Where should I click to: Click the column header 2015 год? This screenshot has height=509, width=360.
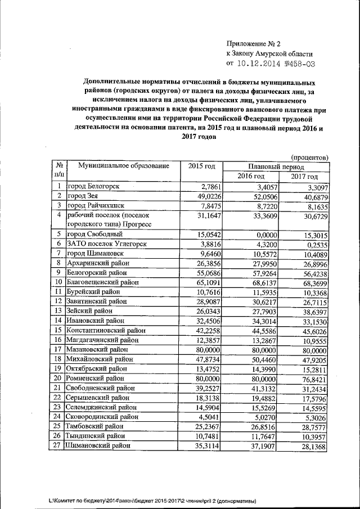coord(201,166)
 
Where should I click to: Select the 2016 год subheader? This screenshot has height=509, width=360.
coord(250,177)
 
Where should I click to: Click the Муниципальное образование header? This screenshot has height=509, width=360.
coord(123,166)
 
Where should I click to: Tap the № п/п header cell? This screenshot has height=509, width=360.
coord(58,171)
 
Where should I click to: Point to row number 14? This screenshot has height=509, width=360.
coord(58,321)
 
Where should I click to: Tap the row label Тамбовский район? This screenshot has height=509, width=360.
coord(99,426)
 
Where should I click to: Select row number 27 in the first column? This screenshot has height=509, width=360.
coord(58,445)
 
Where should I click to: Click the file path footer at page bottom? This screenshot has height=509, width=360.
coord(152,500)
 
